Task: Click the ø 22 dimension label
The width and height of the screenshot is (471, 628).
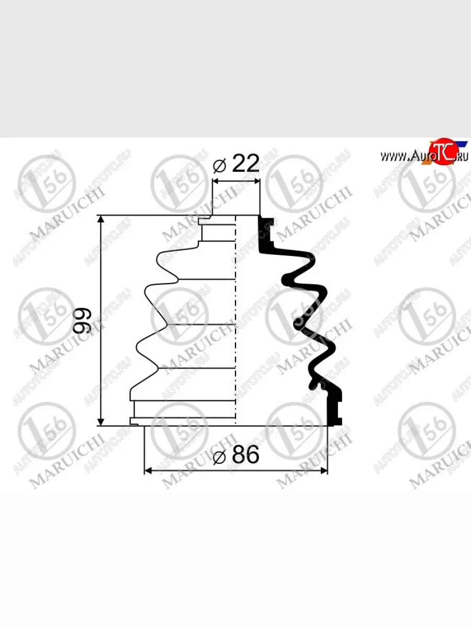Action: [236, 164]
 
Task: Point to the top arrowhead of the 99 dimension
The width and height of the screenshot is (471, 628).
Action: [100, 220]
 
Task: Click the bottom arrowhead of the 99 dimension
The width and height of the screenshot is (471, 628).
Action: [100, 421]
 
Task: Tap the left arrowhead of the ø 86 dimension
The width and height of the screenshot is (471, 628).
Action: [148, 470]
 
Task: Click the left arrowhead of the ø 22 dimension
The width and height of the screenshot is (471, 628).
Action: [217, 181]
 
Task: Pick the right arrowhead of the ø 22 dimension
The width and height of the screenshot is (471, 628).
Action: [256, 181]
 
